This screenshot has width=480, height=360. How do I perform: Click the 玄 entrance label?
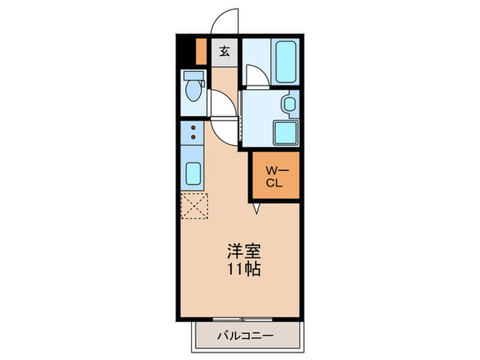coord(225,51)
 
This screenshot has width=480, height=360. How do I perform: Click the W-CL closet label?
coord(274,176)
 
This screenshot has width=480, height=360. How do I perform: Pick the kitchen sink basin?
coord(193,174)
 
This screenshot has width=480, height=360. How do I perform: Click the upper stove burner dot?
coord(194,128)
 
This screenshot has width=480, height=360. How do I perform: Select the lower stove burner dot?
coord(194,138)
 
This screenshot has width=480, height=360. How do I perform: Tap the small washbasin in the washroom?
coord(289,104)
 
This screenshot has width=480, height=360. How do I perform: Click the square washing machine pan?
coord(285,132)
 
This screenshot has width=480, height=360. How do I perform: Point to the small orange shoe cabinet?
coord(202,51)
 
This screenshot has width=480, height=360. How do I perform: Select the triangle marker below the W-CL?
coord(256,208)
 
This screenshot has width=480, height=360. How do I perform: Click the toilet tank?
coord(193,76)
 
